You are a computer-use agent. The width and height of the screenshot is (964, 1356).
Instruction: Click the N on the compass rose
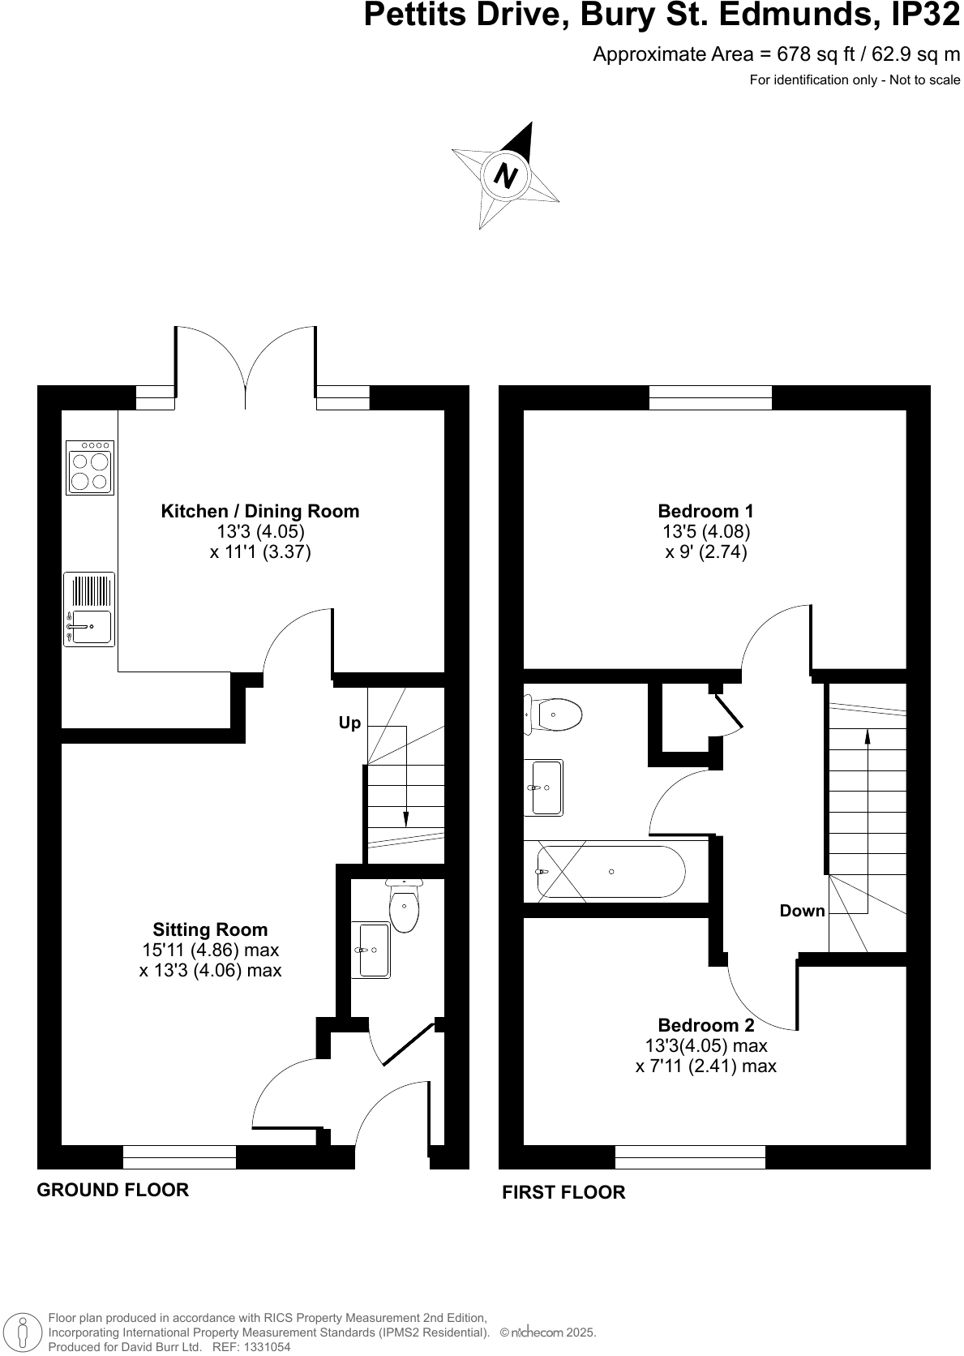click(x=506, y=175)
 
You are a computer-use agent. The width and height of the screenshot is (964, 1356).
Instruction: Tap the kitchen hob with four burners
click(x=90, y=469)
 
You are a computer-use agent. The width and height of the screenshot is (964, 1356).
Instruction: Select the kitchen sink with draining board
click(x=89, y=609)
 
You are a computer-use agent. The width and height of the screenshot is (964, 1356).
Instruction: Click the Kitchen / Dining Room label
click(x=260, y=511)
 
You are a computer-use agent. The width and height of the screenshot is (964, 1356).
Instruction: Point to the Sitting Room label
click(x=210, y=929)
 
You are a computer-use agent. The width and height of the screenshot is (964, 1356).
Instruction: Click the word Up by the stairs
click(x=349, y=723)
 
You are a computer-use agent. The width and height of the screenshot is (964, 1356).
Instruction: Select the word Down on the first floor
click(x=802, y=911)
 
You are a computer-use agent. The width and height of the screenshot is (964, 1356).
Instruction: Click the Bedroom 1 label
click(x=705, y=511)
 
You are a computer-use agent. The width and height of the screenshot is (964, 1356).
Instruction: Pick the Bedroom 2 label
click(x=705, y=1025)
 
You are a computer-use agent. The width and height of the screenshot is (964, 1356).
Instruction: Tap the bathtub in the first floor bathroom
click(x=611, y=872)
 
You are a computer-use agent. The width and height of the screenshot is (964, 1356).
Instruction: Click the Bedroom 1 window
click(x=710, y=397)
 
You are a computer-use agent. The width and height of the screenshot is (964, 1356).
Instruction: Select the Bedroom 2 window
click(x=690, y=1156)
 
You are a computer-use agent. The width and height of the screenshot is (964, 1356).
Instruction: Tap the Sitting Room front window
click(x=179, y=1156)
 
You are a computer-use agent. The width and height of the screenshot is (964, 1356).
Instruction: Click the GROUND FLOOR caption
click(x=113, y=1190)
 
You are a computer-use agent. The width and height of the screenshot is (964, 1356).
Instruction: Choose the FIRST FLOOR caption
click(x=563, y=1192)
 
